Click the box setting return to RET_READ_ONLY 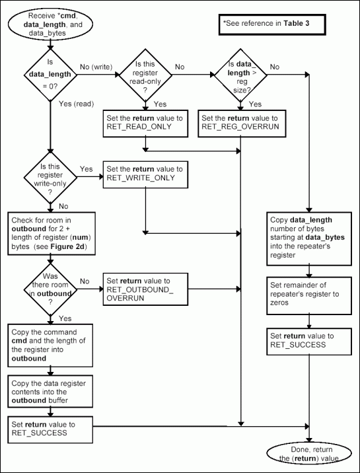click(145, 122)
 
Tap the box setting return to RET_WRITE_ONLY click(144, 174)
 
